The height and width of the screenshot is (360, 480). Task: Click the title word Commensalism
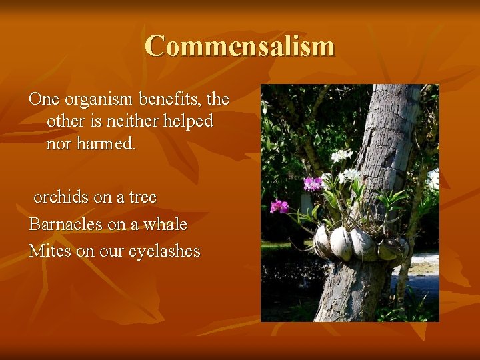(239, 47)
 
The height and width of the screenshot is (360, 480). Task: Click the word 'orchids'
(61, 197)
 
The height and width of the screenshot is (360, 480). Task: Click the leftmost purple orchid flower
(279, 206)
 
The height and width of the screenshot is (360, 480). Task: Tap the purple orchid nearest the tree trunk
(312, 183)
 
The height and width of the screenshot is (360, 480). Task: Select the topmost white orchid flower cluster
(341, 155)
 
